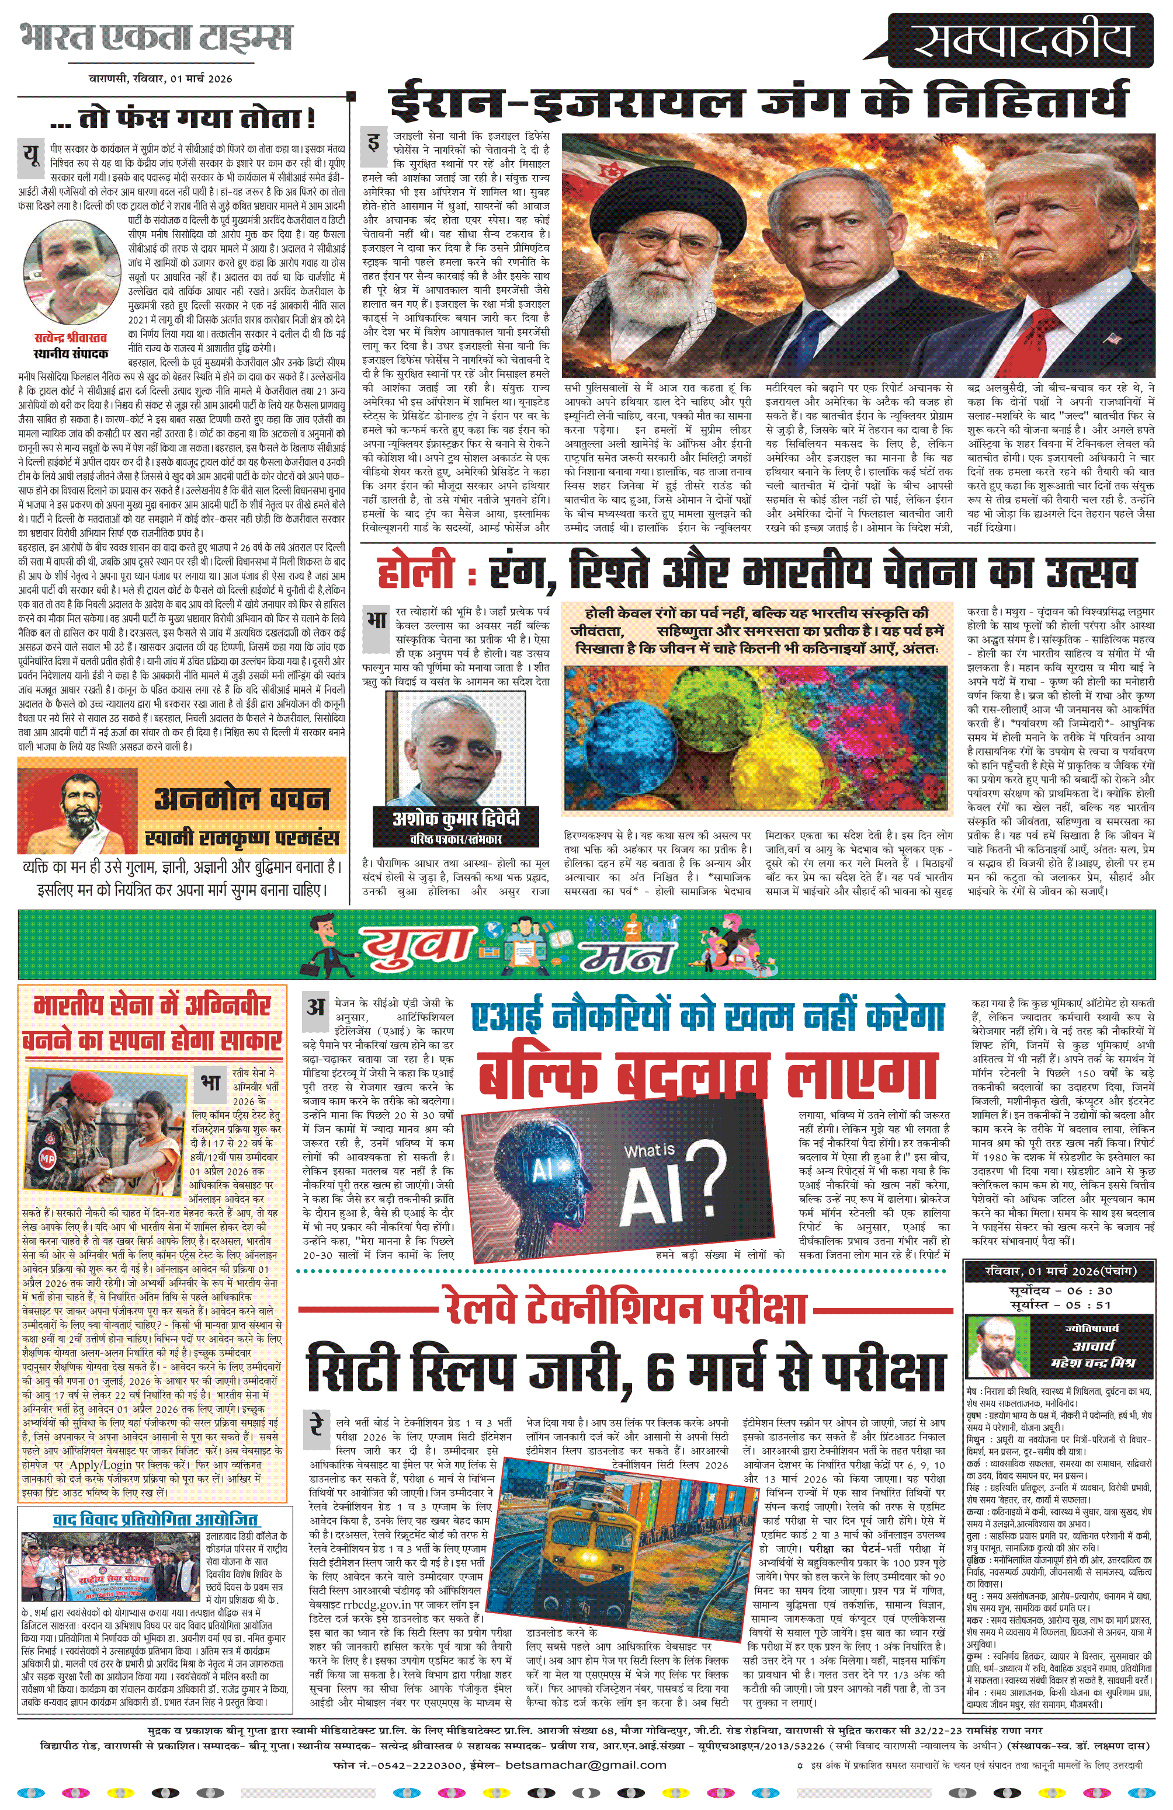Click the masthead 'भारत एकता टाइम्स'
coord(156,38)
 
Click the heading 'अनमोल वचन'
coord(242,799)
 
